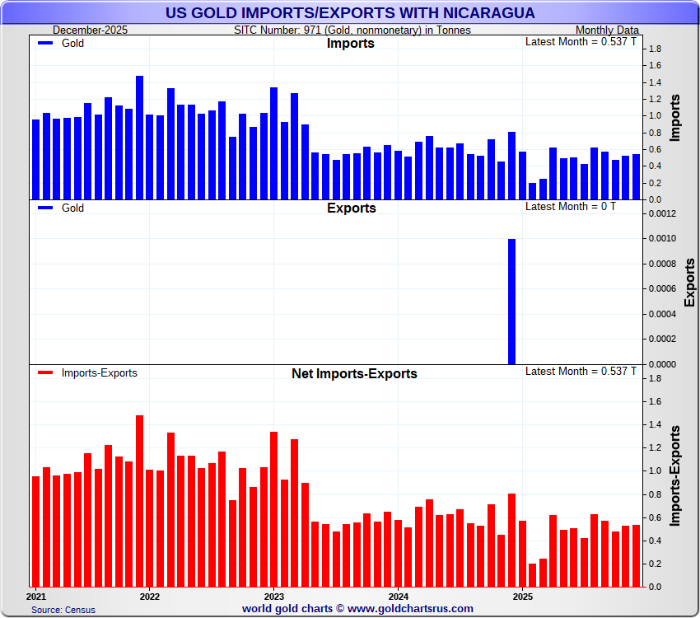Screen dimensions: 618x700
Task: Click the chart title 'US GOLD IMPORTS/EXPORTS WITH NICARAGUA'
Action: click(350, 13)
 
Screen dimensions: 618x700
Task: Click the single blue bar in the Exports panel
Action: click(511, 301)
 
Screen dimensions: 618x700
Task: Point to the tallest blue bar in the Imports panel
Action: click(139, 138)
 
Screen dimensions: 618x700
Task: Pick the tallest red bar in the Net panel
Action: click(139, 500)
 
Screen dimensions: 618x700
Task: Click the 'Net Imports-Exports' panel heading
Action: click(354, 373)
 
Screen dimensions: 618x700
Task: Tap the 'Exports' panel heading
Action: click(351, 208)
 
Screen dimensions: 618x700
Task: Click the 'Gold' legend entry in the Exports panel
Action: click(72, 208)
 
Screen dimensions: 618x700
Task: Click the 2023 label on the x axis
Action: click(273, 595)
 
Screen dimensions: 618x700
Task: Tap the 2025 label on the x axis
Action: click(522, 595)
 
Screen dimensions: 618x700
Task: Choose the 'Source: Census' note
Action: click(63, 610)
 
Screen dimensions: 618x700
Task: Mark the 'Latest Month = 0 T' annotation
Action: click(570, 206)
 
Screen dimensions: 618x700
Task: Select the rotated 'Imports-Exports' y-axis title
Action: click(675, 475)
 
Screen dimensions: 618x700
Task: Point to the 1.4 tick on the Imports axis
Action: click(656, 82)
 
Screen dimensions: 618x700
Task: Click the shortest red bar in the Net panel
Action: click(532, 574)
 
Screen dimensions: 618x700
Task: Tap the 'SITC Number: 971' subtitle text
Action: click(352, 30)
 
